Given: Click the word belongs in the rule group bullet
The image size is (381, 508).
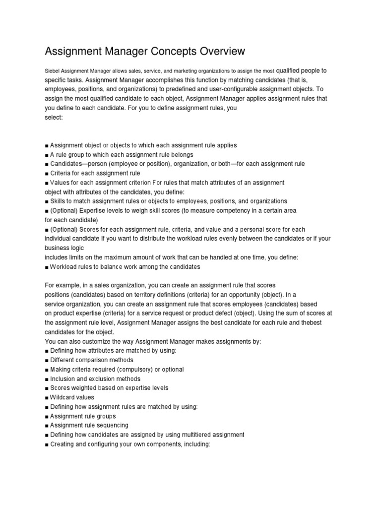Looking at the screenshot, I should click(x=180, y=155).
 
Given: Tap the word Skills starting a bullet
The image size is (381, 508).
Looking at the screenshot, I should click(x=59, y=201).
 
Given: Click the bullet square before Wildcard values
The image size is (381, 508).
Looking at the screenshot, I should click(x=47, y=397).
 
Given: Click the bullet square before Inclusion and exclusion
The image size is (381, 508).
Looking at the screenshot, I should click(x=47, y=379).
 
